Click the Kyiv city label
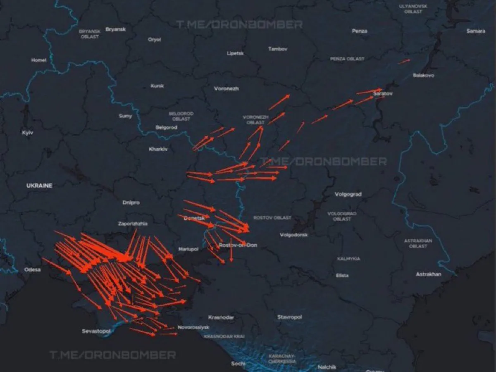pos(28,133)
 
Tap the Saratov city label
pos(382,94)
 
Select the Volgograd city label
pos(348,194)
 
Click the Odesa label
pos(33,269)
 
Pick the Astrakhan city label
pos(428,274)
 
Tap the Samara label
pos(476,31)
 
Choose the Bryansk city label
pos(116,29)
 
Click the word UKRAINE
pos(40,186)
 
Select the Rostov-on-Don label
pos(238,245)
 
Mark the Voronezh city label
pos(227,88)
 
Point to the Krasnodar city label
pos(221,317)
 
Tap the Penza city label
pos(360,31)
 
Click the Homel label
pos(39,60)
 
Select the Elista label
pos(342,275)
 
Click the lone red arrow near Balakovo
pos(404,61)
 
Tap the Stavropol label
pos(290,317)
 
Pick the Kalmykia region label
pos(348,258)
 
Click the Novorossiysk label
pos(193,327)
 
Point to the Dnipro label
pos(131,203)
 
